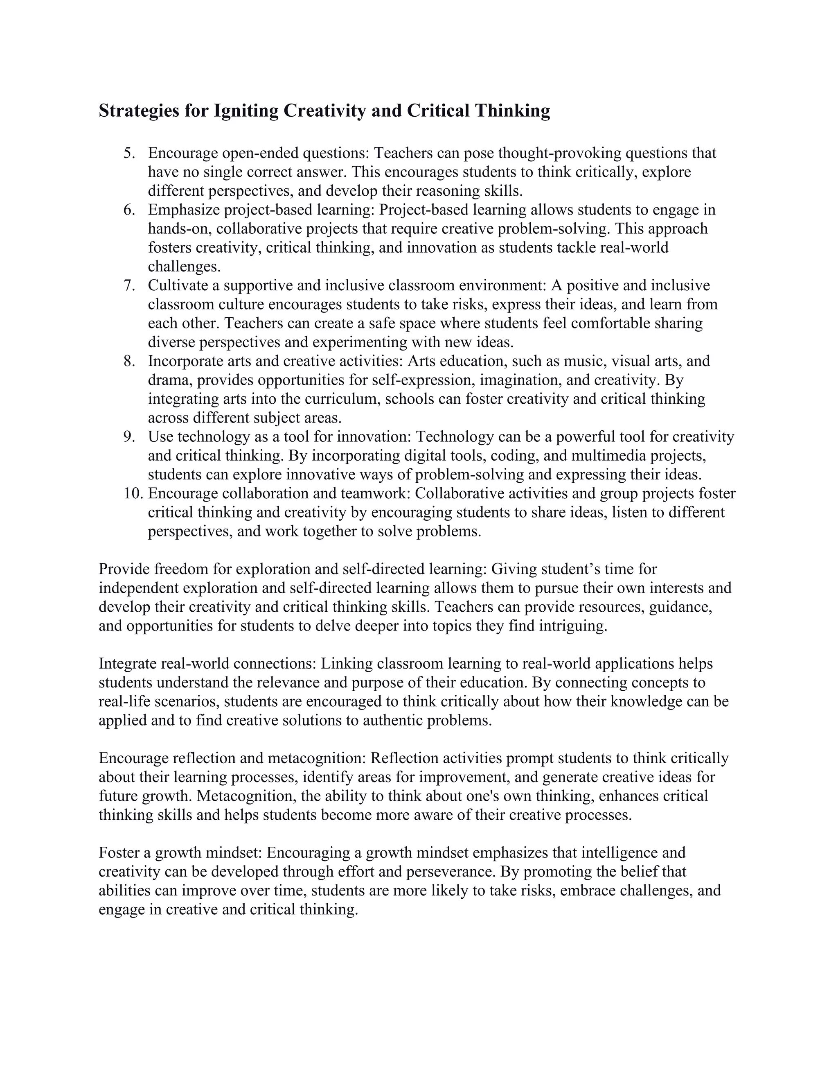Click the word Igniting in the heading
coord(246,111)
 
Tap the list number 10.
coord(133,493)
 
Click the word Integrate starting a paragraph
coord(128,663)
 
